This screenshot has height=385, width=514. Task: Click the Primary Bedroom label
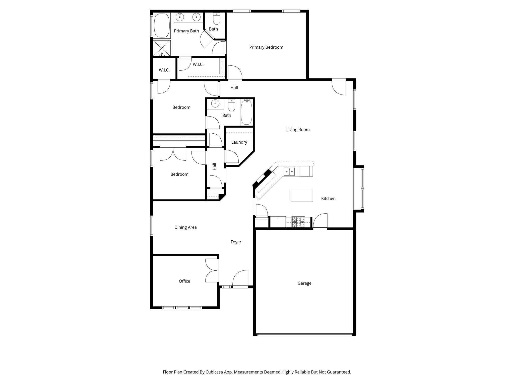coord(266,47)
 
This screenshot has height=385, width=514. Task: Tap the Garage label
coord(304,283)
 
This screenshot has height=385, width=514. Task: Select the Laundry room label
coord(239,142)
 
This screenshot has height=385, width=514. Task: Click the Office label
coord(184,281)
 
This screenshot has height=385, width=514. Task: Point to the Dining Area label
coord(185,227)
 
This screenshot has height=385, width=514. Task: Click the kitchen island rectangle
coord(302,196)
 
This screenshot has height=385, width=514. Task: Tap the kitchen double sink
coord(289,172)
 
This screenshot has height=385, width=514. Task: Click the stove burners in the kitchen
coord(298,222)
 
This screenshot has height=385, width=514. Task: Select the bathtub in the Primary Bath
coord(162,26)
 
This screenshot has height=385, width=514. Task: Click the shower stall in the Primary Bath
coord(162,48)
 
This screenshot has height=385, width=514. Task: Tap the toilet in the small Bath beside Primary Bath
coord(216,19)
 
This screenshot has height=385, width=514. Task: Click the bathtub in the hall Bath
coord(246,112)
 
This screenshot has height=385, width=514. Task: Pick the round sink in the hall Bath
coord(215,103)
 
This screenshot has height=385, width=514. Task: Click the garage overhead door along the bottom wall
coord(305,335)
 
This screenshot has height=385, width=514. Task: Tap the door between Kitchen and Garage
coord(320,222)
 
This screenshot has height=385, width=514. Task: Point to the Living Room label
coord(298,130)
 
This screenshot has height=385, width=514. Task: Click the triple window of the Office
coord(182,308)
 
